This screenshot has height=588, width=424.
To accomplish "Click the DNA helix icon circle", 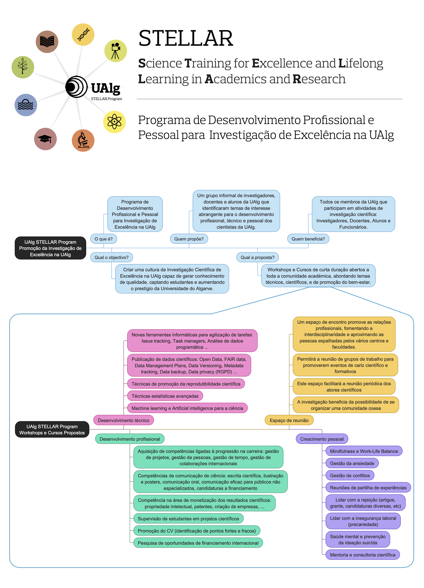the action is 83,34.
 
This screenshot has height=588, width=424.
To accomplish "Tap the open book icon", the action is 47,42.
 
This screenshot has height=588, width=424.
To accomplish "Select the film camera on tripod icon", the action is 115,51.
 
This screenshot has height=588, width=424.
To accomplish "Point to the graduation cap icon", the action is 45,139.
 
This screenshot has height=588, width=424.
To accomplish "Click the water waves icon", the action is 26,105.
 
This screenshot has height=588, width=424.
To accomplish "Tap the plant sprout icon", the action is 23,67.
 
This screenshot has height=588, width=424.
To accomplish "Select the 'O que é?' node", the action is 103,239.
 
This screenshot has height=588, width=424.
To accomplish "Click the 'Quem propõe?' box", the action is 189,239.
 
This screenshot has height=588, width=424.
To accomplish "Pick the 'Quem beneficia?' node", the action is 308,239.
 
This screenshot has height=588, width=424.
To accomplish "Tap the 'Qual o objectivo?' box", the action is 111,257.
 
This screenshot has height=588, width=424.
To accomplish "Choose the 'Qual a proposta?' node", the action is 258,257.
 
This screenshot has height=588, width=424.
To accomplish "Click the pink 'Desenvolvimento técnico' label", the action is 123,420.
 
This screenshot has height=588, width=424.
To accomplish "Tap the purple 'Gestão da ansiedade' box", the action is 352,463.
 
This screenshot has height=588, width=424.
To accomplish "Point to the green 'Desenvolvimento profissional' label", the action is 130,439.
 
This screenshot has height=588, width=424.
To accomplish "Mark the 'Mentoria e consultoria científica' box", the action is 363,555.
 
